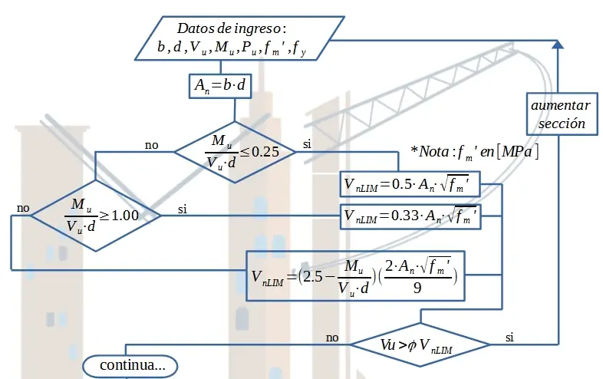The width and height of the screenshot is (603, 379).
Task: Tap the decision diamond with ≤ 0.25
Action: coord(235,150)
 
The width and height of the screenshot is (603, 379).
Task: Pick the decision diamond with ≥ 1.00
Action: coord(95,216)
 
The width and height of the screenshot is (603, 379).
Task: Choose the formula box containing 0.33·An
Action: coord(412,216)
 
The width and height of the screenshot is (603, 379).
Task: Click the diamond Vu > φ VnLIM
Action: coord(420,344)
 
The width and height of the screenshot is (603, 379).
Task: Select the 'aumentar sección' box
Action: coord(561,114)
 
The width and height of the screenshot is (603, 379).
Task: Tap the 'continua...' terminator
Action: coord(130,367)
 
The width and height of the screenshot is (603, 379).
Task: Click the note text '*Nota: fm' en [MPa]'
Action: coord(475,151)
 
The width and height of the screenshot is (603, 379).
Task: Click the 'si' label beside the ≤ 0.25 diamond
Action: coord(308,143)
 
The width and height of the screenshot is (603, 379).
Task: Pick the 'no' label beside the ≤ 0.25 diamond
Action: coord(152,143)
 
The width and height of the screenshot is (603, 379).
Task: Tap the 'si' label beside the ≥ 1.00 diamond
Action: coord(183,208)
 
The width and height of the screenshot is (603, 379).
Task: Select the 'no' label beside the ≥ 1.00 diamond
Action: coord(23,208)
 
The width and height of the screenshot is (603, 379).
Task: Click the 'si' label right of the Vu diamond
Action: coord(510,337)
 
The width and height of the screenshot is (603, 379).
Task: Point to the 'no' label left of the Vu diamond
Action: coord(332,337)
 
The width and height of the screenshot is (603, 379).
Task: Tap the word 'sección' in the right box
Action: coord(562,124)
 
